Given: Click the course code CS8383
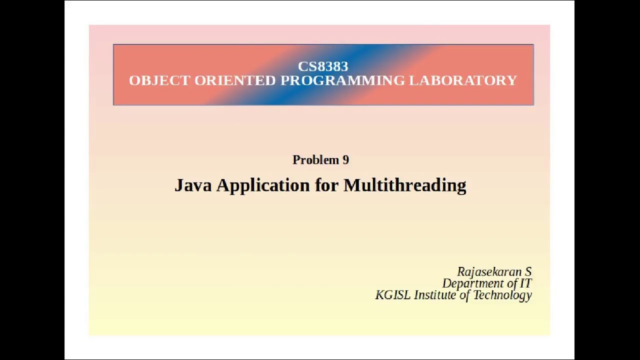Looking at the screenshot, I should pos(322,66).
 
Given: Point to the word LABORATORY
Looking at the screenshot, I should pos(463,80).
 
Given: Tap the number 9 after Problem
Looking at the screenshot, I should pos(345,160).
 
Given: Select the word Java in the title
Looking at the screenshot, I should pos(193,185).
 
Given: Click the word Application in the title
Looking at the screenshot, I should pos(263,186).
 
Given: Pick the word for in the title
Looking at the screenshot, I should pos(326,185).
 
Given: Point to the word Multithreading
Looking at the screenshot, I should pos(404,186).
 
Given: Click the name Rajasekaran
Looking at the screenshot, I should pos(488,272).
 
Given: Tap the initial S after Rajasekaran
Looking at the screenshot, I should pos(528,272).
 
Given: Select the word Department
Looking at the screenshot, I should pos(472,284).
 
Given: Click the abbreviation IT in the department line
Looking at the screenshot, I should pos(526,283).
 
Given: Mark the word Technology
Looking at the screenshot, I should pos(502,295).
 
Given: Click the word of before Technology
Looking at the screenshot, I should pos(464,295).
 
